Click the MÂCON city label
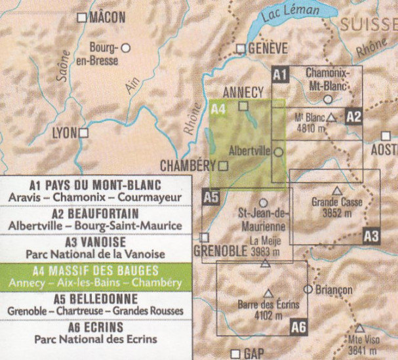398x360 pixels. point(106,18)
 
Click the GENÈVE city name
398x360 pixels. point(268,48)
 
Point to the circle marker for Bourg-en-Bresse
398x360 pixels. point(125,48)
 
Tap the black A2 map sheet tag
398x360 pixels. point(354,116)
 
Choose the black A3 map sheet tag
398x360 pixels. point(371,235)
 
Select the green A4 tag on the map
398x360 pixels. point(218,109)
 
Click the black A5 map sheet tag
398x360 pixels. point(210,195)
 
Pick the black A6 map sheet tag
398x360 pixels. point(298,327)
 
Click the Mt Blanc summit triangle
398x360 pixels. point(332,117)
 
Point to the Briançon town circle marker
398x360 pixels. point(307,289)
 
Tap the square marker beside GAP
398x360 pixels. point(236,353)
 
